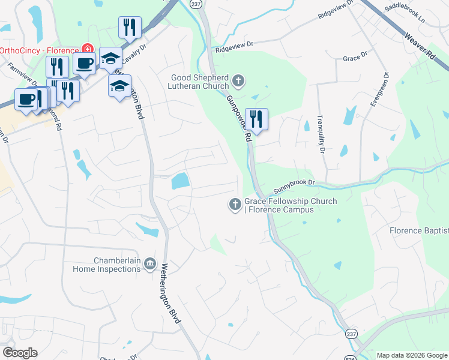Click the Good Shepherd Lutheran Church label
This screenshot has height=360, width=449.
pyautogui.click(x=200, y=82)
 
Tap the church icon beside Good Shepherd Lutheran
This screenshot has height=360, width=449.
pyautogui.click(x=238, y=81)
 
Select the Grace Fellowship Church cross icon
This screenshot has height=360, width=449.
pyautogui.click(x=234, y=205)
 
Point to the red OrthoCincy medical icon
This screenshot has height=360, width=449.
pyautogui.click(x=88, y=49)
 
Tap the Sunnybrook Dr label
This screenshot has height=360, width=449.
pyautogui.click(x=294, y=186)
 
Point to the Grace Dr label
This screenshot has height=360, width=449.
pyautogui.click(x=354, y=58)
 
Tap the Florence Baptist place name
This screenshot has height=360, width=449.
pyautogui.click(x=418, y=230)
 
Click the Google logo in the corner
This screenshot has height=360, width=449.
pyautogui.click(x=19, y=353)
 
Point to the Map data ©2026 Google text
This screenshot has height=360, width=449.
pyautogui.click(x=411, y=355)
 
